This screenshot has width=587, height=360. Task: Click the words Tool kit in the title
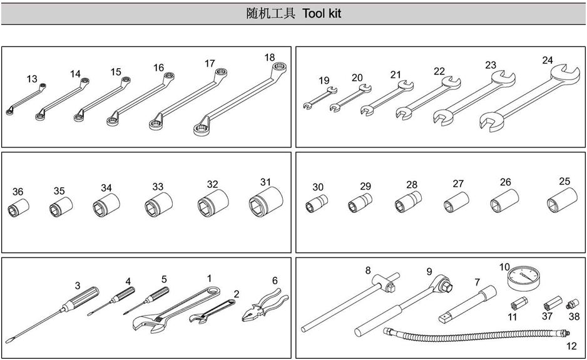point(322,13)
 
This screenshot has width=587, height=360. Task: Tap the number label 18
point(270,58)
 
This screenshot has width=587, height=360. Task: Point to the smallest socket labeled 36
point(17,208)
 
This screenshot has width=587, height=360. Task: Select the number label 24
point(548,60)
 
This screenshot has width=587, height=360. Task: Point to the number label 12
point(571,345)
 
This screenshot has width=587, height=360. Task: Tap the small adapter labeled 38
point(571,305)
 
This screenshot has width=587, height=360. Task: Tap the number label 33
point(158,187)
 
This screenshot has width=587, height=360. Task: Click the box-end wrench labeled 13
point(25,99)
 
